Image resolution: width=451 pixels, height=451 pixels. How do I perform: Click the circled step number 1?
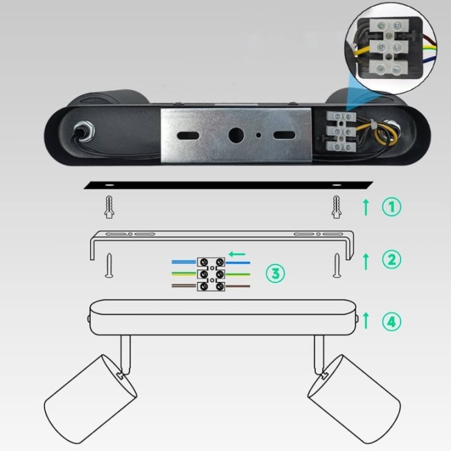(391, 207)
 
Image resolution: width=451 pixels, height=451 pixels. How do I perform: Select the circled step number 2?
(391, 259)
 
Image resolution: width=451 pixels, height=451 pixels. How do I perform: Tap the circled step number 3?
(275, 273)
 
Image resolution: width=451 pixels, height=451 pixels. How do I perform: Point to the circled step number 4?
(391, 321)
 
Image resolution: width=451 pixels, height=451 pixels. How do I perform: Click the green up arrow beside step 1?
(366, 207)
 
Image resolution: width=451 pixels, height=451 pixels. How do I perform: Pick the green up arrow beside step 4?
(366, 321)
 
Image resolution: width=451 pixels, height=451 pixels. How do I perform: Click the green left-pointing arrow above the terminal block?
(237, 254)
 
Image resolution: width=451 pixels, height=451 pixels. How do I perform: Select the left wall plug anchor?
(109, 207)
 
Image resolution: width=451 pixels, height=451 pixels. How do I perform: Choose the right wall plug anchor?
(336, 207)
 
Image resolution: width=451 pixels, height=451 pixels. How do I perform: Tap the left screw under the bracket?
(109, 266)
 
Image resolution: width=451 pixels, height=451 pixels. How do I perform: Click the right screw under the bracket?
(337, 266)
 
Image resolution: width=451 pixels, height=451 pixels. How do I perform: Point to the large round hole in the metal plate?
(236, 135)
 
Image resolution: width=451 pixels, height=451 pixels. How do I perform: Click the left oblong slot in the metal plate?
(188, 135)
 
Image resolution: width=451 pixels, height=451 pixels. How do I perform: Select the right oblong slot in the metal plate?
(284, 135)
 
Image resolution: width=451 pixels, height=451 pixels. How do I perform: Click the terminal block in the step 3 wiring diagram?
(211, 274)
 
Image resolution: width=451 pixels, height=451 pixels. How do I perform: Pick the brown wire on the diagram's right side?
(238, 286)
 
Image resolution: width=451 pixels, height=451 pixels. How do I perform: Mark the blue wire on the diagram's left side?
(184, 262)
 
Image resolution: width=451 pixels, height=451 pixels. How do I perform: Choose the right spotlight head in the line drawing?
(355, 398)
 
